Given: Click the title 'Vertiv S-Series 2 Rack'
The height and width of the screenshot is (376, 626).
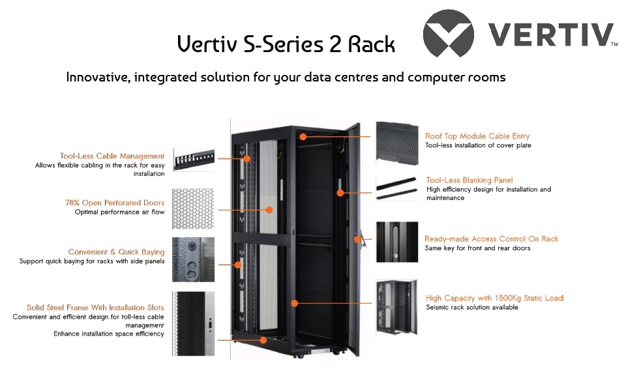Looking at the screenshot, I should pos(286,44).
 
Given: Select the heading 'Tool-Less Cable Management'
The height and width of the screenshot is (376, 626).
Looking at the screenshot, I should pos(112,156).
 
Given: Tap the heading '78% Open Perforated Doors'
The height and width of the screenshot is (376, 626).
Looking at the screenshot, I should pos(114,203).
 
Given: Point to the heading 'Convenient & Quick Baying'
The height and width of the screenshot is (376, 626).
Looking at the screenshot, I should pos(116,252).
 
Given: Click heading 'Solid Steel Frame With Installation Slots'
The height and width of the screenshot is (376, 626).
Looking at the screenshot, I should pos(95,308).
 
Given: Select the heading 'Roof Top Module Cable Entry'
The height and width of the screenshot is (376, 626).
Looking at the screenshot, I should pos(477,136).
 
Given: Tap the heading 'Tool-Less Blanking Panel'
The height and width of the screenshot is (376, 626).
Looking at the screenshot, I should pos(469,180).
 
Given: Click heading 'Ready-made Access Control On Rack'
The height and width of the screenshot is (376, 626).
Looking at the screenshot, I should pos(491,239).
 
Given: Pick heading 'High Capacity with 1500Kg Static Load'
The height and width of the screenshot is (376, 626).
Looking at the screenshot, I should pos(494,298).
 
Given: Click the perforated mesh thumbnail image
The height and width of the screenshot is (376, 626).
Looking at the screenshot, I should pos(193,209).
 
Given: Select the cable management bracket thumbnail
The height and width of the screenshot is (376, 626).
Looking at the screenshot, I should pos(193,158).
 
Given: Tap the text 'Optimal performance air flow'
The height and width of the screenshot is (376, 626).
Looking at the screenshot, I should pos(119,212).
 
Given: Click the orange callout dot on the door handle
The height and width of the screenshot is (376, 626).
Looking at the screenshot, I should pos(357,239).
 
